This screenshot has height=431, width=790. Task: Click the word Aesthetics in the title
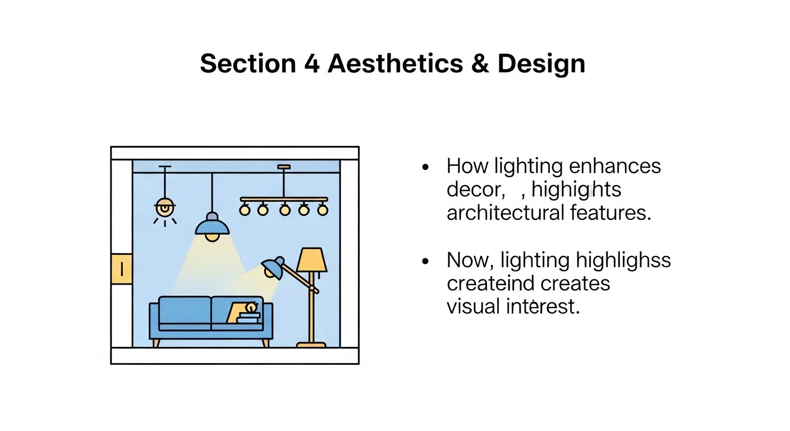tap(395, 63)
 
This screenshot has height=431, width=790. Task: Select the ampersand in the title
tap(480, 63)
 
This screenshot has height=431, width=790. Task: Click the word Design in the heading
tap(541, 63)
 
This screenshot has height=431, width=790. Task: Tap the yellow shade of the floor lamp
tap(311, 259)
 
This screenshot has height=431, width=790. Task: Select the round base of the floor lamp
tap(311, 344)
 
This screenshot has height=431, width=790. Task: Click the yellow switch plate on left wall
tap(122, 268)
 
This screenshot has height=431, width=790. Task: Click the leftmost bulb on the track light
tap(245, 210)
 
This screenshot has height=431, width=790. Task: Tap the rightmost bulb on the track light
tap(322, 210)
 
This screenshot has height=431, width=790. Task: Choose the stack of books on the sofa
tap(249, 318)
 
